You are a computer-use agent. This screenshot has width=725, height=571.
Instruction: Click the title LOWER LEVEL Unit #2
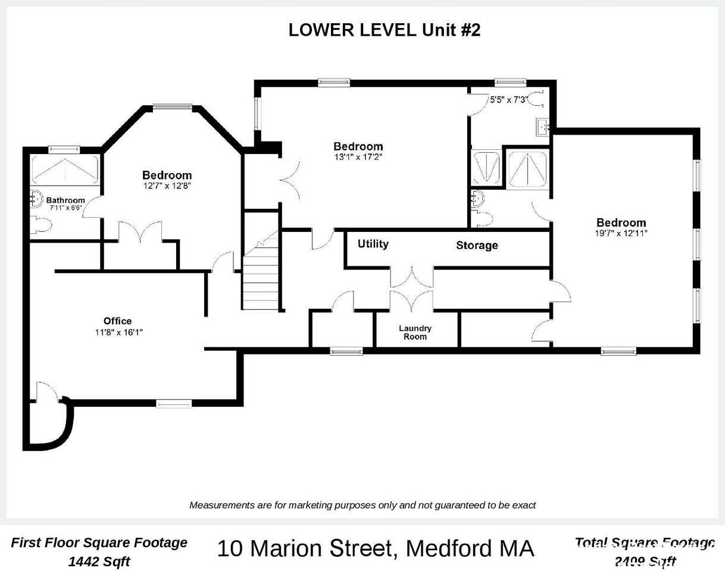click(x=384, y=30)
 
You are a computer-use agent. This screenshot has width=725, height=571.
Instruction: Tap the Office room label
click(x=117, y=321)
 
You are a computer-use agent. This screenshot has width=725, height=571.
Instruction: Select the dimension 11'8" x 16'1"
click(x=118, y=332)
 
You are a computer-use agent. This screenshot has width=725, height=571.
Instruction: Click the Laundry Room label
click(x=415, y=332)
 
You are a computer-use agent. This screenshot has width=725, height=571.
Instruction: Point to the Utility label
click(x=373, y=244)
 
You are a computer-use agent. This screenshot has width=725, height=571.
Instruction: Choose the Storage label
click(x=477, y=246)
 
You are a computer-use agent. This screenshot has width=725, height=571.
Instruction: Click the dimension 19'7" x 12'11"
click(x=621, y=234)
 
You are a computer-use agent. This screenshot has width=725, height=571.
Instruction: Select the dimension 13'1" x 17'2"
click(x=358, y=157)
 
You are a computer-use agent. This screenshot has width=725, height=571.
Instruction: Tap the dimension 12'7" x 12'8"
click(x=167, y=186)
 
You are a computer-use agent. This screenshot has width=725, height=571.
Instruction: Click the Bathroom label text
click(x=65, y=200)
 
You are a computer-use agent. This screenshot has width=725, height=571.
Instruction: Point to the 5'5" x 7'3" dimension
click(x=508, y=100)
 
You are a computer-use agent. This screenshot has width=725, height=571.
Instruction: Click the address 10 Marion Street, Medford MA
click(x=375, y=548)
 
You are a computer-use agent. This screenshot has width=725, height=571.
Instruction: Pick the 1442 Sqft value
click(x=99, y=561)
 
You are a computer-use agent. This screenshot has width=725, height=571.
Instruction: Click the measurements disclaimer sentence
click(x=362, y=505)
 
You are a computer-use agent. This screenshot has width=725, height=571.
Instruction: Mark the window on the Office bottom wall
click(x=174, y=404)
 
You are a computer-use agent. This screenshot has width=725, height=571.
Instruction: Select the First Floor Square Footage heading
click(x=99, y=542)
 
